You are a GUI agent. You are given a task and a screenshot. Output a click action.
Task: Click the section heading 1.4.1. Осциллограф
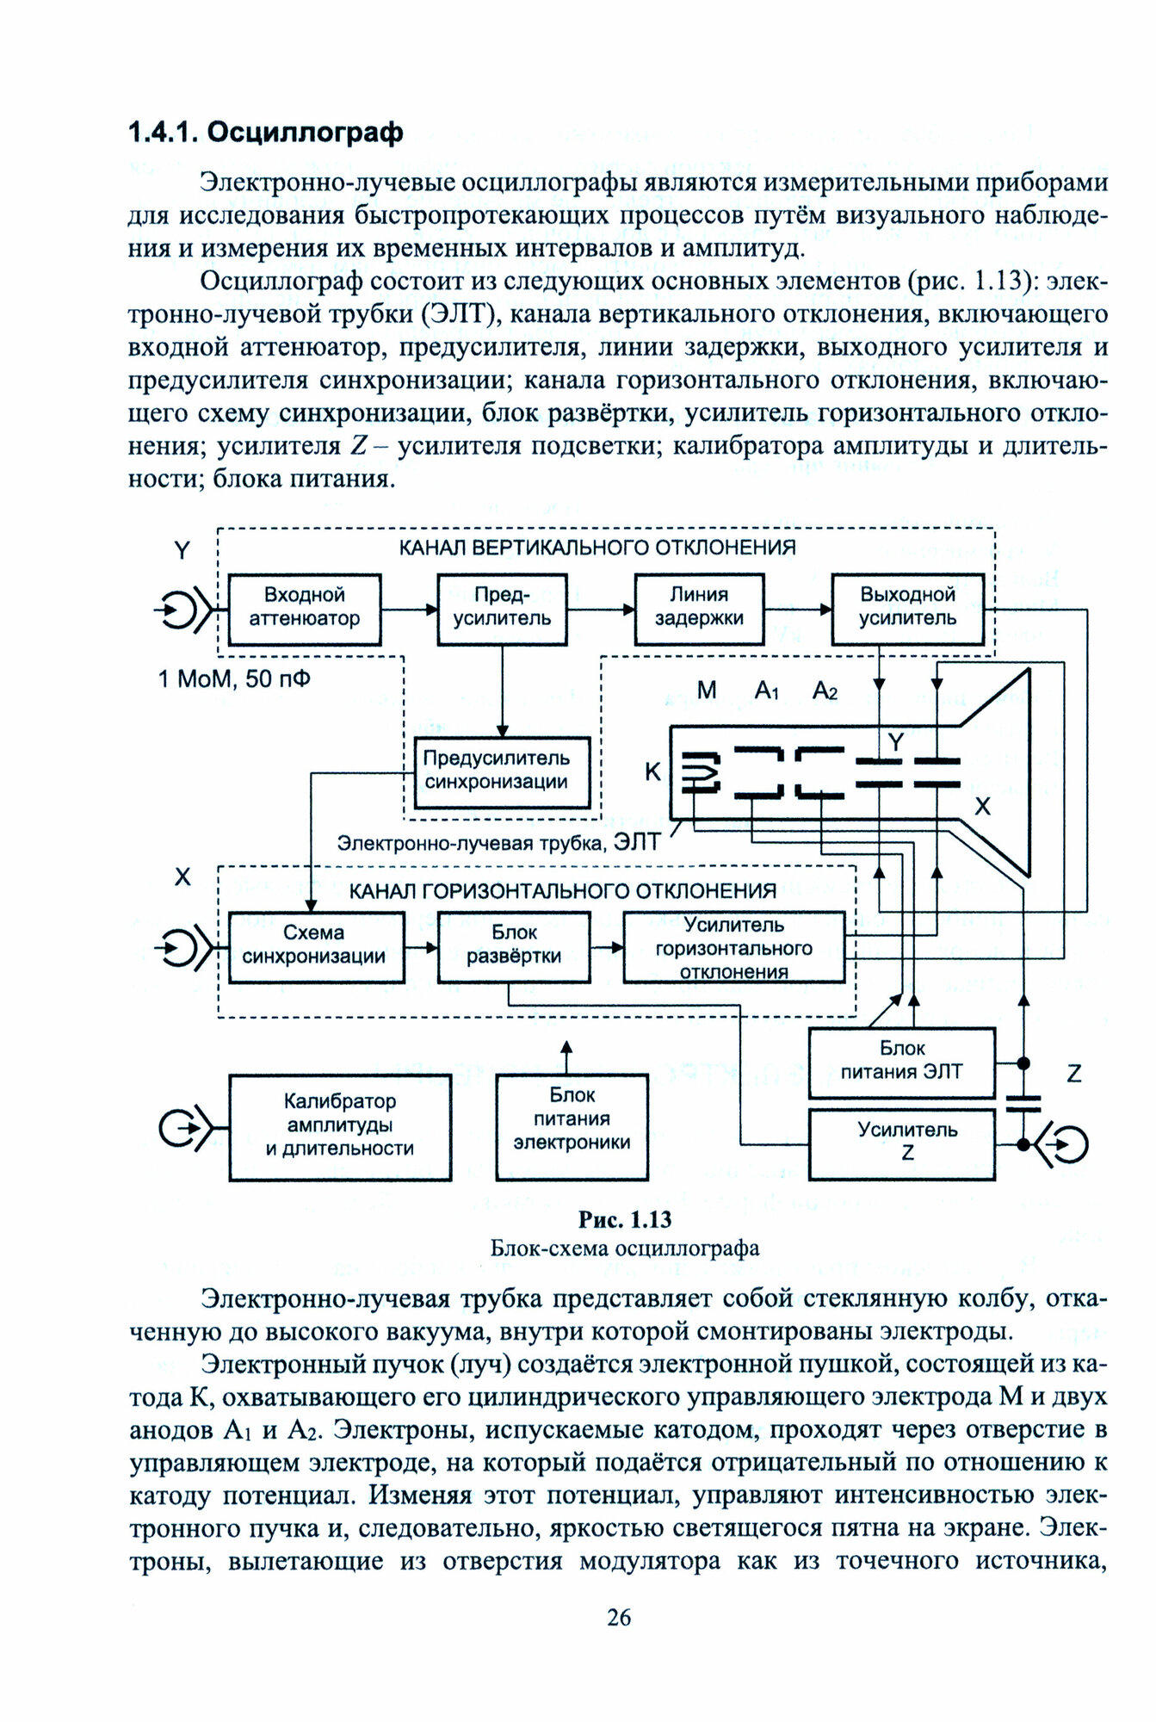[x=265, y=133]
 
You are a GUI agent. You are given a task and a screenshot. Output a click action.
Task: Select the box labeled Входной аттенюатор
[x=305, y=607]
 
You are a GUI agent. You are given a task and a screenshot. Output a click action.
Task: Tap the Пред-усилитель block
[x=502, y=607]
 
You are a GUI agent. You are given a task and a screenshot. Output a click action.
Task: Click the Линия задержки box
[x=699, y=607]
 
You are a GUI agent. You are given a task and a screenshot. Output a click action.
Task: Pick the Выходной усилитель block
[x=907, y=607]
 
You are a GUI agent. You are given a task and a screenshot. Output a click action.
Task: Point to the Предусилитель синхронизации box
[x=497, y=771]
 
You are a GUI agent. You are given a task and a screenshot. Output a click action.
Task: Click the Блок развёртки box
[x=514, y=945]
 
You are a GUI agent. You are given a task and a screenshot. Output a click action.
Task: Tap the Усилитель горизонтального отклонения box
[x=734, y=948]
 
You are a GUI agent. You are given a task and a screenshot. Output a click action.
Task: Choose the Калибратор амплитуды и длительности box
[x=340, y=1125]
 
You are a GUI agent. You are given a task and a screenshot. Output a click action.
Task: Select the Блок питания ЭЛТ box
[x=901, y=1061]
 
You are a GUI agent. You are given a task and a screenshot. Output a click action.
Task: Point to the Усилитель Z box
[x=901, y=1142]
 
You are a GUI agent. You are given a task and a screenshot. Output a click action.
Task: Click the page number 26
[x=619, y=1618]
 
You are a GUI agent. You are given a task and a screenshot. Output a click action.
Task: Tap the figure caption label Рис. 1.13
[x=624, y=1220]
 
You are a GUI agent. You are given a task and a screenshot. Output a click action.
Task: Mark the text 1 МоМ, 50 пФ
[x=234, y=679]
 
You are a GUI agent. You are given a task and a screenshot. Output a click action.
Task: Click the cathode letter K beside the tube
[x=653, y=772]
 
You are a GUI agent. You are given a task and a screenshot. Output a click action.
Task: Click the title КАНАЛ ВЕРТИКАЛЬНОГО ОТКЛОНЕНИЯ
[x=597, y=548]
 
